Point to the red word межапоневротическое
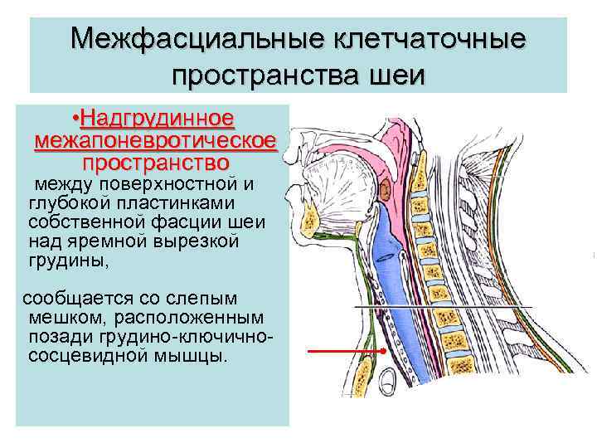click(156, 139)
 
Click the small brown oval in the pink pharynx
click(388, 188)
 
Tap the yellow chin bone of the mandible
click(312, 218)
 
